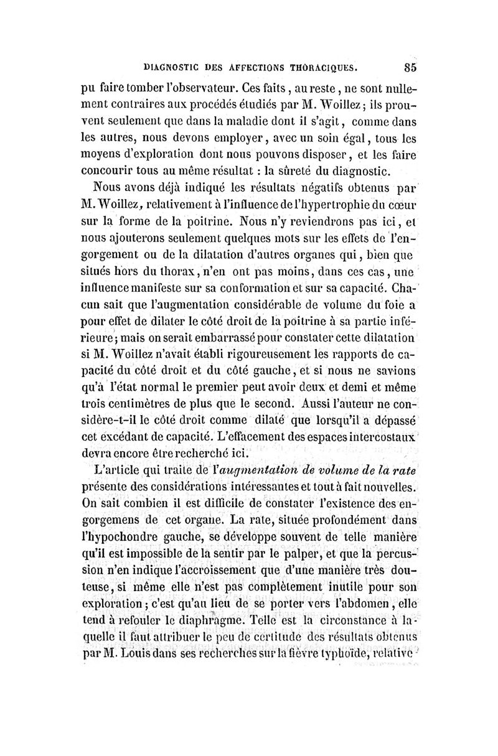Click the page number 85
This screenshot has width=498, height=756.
pyautogui.click(x=410, y=64)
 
